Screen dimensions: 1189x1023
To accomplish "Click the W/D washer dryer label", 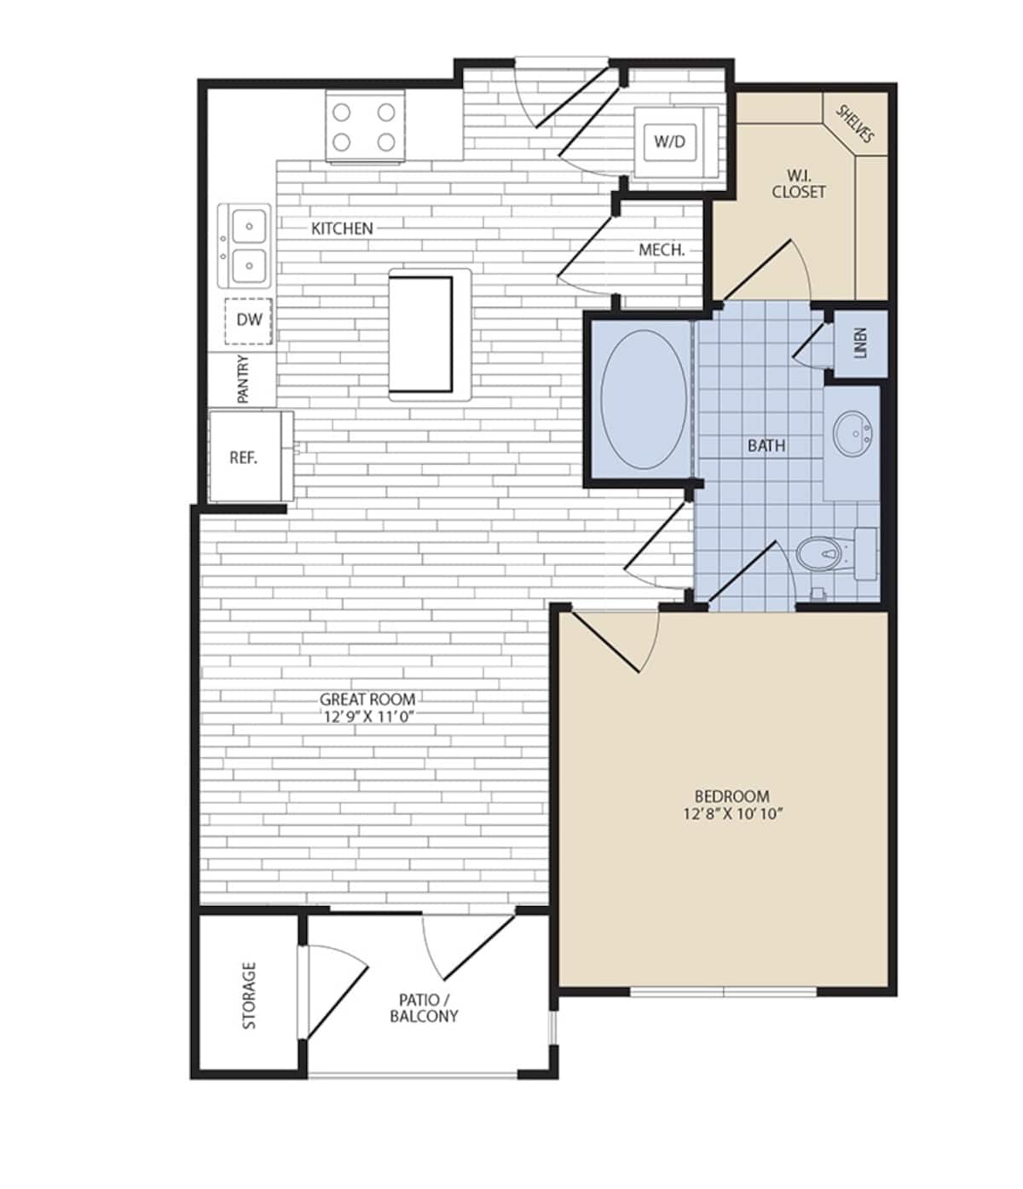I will coord(669,141).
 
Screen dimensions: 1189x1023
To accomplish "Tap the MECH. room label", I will coord(662,251).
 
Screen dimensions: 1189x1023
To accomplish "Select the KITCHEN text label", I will coord(342,228).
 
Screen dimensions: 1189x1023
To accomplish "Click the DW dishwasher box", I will coord(249,320).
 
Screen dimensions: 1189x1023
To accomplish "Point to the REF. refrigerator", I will coord(243,458).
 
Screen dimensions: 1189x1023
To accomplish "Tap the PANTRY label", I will coord(243,379).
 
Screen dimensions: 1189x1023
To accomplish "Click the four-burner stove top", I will coord(364,127).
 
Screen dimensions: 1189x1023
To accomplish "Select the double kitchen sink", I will coord(245,245).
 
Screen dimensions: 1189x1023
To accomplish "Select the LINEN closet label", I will coord(859,343).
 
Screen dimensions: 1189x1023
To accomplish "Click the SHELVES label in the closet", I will coord(855,124).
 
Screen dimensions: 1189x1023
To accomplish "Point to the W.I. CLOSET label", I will coord(799,184).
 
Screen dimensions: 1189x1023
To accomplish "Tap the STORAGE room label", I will coord(249,996).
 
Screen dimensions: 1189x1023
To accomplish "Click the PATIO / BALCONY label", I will coord(424,1007).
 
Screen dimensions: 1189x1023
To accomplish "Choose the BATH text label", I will coord(766,446).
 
